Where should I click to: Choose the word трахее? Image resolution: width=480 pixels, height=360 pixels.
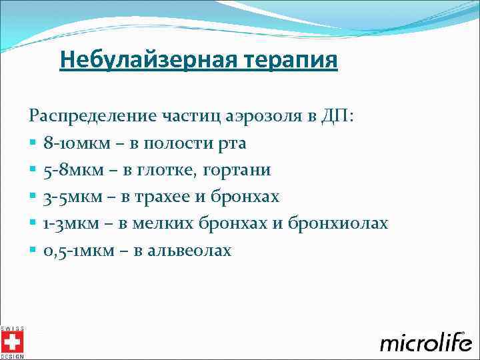tap(166, 197)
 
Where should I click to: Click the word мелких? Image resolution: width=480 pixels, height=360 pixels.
tap(163, 223)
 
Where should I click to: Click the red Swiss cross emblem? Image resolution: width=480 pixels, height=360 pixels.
tap(11, 343)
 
